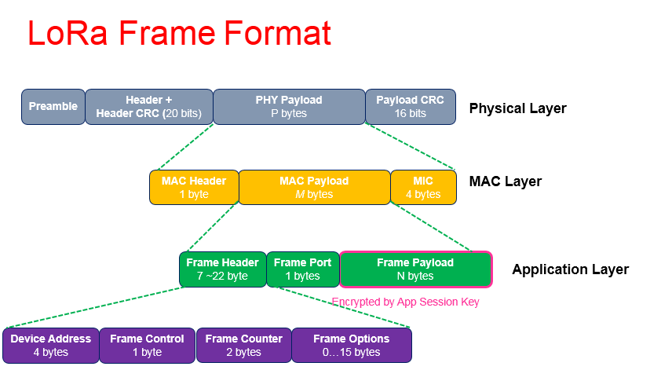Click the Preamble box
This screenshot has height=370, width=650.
pyautogui.click(x=53, y=107)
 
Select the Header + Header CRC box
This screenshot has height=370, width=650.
pyautogui.click(x=149, y=107)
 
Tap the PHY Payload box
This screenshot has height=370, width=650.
pyautogui.click(x=289, y=107)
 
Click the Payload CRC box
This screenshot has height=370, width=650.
pyautogui.click(x=410, y=107)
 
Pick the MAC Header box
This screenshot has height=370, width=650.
pyautogui.click(x=194, y=188)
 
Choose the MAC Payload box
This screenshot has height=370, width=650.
pyautogui.click(x=314, y=188)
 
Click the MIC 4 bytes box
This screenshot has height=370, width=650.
pyautogui.click(x=423, y=188)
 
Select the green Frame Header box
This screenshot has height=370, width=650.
pyautogui.click(x=222, y=269)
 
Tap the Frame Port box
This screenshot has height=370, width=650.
pyautogui.click(x=302, y=269)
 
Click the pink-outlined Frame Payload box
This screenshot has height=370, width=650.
pyautogui.click(x=415, y=269)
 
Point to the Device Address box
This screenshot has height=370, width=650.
pyautogui.click(x=51, y=346)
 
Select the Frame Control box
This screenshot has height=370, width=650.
pyautogui.click(x=147, y=346)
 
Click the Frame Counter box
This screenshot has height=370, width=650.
pyautogui.click(x=243, y=346)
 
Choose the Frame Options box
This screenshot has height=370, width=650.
pyautogui.click(x=351, y=346)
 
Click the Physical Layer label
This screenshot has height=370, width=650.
pyautogui.click(x=517, y=108)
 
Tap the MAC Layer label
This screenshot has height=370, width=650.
pyautogui.click(x=505, y=181)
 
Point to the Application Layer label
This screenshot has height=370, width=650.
pyautogui.click(x=570, y=269)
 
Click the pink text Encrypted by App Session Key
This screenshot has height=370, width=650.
pyautogui.click(x=405, y=302)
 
